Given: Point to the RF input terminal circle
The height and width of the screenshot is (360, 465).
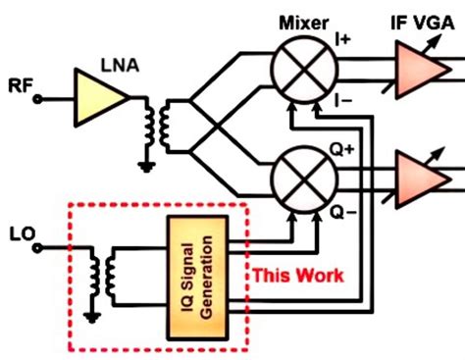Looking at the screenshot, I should (x=40, y=97).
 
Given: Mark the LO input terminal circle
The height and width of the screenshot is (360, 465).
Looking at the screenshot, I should (x=40, y=249).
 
